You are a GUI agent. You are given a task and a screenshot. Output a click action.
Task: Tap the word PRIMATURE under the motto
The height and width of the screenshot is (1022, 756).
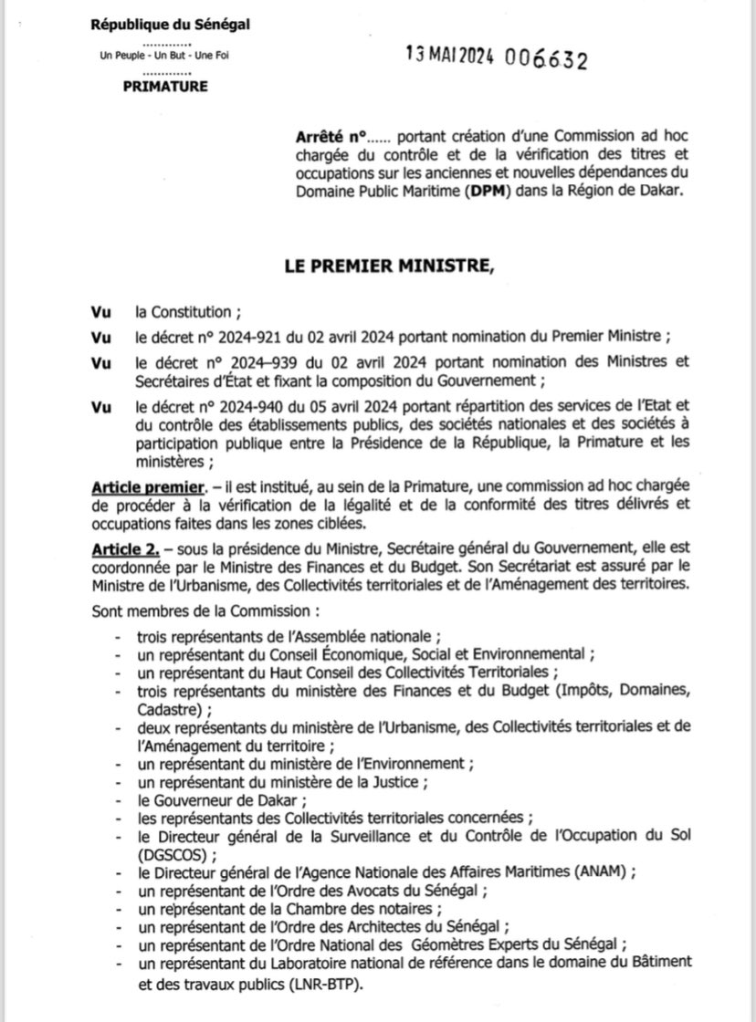pyautogui.click(x=165, y=87)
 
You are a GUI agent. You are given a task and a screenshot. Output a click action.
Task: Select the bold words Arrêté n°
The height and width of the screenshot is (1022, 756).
pyautogui.click(x=331, y=135)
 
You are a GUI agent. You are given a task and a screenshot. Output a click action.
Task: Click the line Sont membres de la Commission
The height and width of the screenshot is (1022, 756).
pyautogui.click(x=204, y=607)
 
